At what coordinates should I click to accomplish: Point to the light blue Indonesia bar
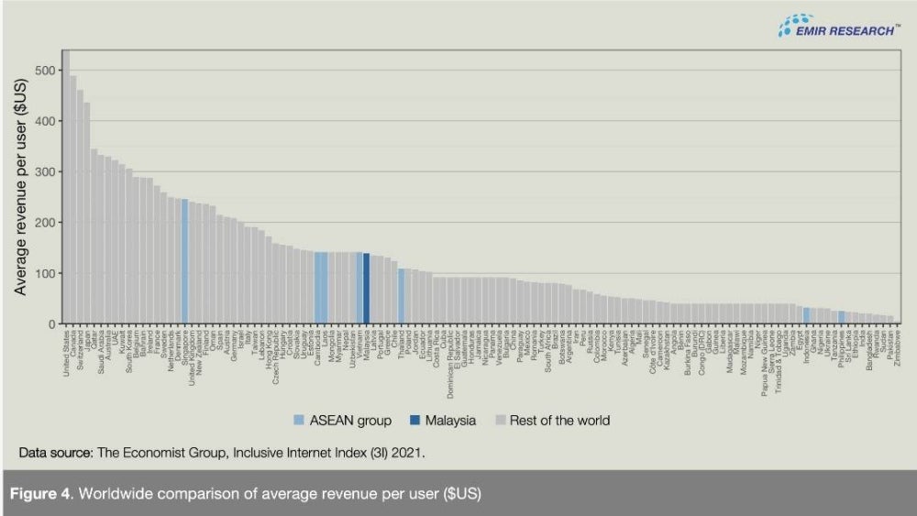click(806, 315)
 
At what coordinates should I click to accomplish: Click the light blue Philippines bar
click(841, 317)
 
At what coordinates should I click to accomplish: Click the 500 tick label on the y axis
click(42, 71)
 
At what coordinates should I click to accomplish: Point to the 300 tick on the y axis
click(42, 172)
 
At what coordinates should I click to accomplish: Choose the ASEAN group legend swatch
click(299, 421)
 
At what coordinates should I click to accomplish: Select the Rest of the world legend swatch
click(500, 421)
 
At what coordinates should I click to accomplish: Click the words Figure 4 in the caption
click(39, 495)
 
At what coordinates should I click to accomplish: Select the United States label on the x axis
click(65, 351)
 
